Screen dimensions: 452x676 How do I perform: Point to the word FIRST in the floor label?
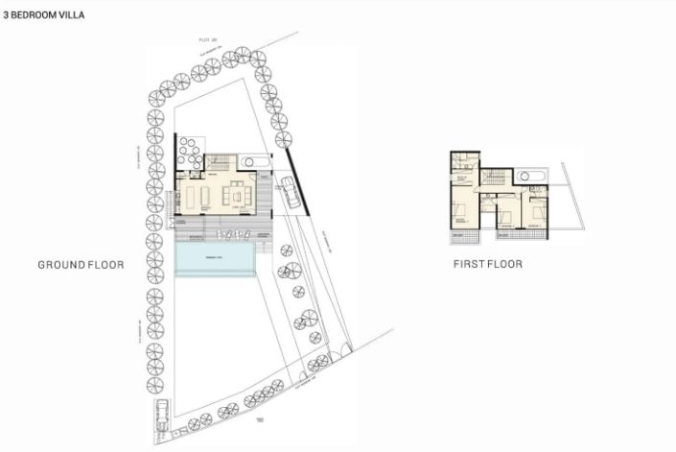pos(467,265)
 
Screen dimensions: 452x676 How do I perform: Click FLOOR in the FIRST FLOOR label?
pos(504,265)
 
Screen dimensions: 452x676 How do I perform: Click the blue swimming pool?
pos(217,258)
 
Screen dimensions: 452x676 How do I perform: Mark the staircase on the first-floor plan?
pos(495,178)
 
